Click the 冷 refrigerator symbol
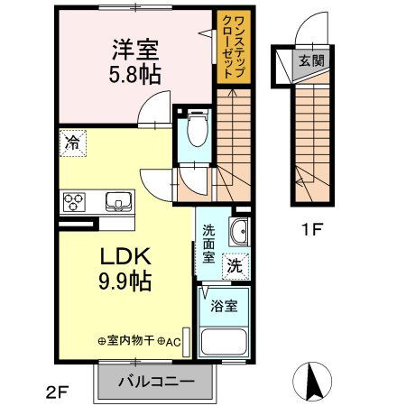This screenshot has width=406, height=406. pos(72,143)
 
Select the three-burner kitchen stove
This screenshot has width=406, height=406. pos(73,200)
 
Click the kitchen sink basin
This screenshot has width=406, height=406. pos(117,200)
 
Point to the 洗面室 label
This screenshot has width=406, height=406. pos(209,242)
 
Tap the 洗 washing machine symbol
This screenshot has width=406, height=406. pos(235,266)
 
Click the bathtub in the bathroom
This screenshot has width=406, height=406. pos(225,342)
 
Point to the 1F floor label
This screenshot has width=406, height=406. pos(310,229)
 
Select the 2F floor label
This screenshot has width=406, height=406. pos(56,391)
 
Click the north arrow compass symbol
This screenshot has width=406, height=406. pos(316,382)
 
